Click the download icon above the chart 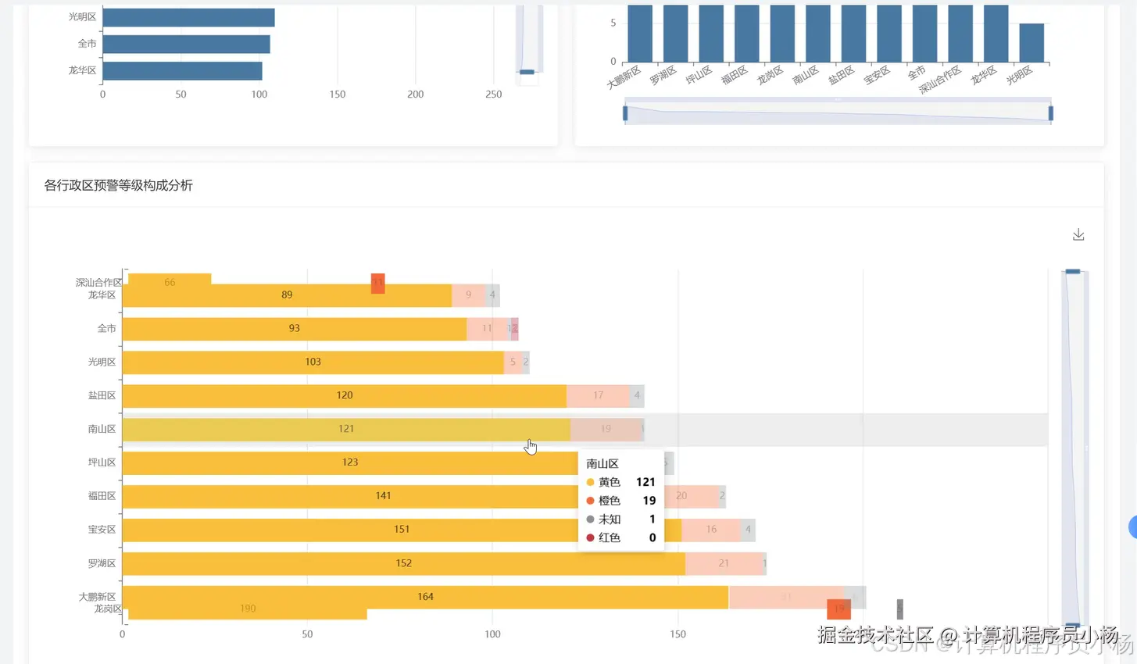tap(1078, 235)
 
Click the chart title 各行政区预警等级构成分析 tap(118, 185)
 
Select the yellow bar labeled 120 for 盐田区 tap(344, 395)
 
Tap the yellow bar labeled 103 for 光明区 tap(313, 362)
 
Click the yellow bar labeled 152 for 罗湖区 tap(403, 563)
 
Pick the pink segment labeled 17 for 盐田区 tap(598, 395)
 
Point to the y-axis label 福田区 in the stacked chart tap(102, 496)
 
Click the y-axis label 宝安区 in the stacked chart tap(102, 530)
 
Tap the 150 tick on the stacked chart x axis tap(678, 634)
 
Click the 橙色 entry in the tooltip tap(610, 501)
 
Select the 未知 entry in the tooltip tap(610, 519)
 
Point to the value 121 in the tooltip tap(645, 482)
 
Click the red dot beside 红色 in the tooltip tap(590, 537)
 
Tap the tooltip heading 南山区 tap(602, 463)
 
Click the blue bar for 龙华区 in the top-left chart tap(182, 71)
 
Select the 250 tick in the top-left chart tap(493, 95)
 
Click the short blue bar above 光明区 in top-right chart tap(1032, 43)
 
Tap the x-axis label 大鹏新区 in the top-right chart tap(624, 77)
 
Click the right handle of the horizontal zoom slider tap(1050, 113)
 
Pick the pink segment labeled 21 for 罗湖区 tap(724, 563)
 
